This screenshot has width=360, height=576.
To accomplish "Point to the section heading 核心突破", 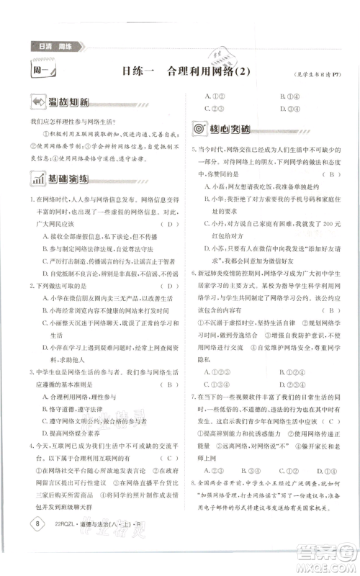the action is [x=230, y=128].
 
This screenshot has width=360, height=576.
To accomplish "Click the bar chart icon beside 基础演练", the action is [x=35, y=179].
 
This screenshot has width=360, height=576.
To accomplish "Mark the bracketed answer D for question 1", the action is [x=169, y=224].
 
